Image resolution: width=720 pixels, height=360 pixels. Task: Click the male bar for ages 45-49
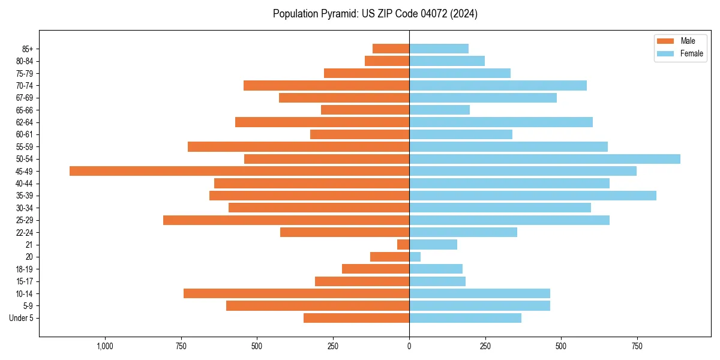[239, 171]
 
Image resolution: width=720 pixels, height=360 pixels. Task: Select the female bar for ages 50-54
[545, 159]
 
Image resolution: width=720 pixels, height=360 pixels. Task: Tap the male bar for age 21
[403, 245]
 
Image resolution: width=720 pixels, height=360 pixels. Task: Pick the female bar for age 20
[415, 257]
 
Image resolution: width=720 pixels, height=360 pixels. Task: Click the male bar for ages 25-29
[286, 220]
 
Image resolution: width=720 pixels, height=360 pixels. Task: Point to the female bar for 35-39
[533, 196]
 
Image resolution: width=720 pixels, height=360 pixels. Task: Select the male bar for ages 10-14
[296, 293]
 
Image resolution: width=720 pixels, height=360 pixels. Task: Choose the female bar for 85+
[439, 49]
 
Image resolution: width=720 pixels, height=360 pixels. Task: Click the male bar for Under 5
[356, 318]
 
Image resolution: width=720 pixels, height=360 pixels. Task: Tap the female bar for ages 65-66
[440, 110]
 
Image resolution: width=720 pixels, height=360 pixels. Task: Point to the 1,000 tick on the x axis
[105, 346]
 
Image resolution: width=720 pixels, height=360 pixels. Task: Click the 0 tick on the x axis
[409, 346]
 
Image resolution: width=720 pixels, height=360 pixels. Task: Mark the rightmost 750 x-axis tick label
[637, 346]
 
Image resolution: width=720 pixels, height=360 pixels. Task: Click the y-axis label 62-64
[25, 122]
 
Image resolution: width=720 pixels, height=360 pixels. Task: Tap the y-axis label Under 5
[22, 318]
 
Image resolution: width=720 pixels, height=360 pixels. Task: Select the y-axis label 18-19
[25, 269]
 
